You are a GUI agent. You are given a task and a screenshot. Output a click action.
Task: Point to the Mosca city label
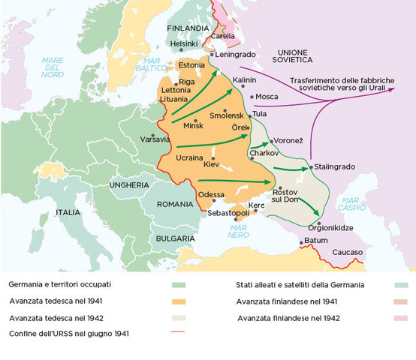point(267,97)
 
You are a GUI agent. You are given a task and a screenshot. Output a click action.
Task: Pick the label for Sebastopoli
point(230,214)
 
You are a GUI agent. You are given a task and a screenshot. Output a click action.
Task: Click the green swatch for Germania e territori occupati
point(178,285)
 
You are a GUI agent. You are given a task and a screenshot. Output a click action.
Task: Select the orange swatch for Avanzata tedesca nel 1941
point(178,301)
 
